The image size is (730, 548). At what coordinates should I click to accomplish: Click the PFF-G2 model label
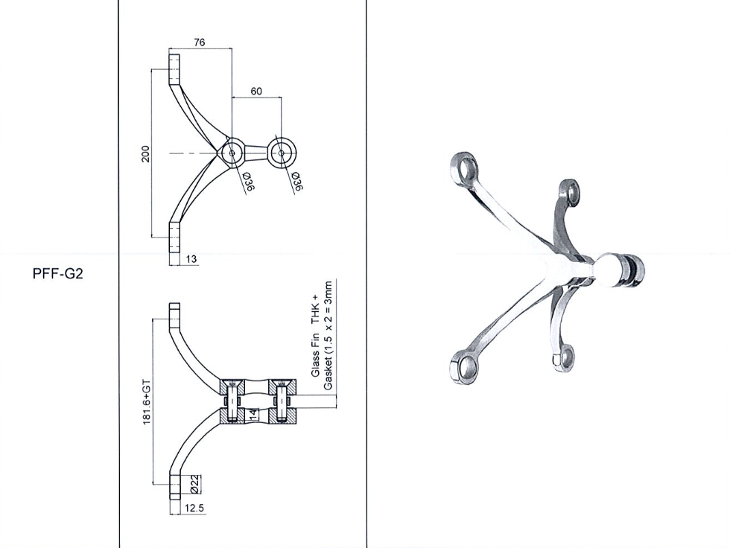58,274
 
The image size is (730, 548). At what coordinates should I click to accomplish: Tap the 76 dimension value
200,42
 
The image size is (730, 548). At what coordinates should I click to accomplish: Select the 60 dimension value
256,91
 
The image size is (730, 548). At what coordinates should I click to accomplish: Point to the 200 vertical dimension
146,154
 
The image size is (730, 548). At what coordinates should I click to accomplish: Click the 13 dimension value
191,259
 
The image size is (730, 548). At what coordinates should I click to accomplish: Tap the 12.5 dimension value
194,508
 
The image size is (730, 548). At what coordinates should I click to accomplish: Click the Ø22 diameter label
195,484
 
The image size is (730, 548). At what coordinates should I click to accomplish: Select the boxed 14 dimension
253,413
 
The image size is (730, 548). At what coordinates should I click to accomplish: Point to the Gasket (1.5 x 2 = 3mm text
328,335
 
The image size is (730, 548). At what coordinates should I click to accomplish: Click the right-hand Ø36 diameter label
296,182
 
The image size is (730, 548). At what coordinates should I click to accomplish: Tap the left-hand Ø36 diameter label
247,182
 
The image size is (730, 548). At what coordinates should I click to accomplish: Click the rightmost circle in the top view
282,153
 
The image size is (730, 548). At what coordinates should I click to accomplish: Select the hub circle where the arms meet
232,153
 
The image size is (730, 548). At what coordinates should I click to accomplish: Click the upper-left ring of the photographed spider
465,168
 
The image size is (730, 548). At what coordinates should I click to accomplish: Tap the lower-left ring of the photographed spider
465,366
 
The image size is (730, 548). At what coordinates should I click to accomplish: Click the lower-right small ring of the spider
565,357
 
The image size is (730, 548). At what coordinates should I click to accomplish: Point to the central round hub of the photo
609,270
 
